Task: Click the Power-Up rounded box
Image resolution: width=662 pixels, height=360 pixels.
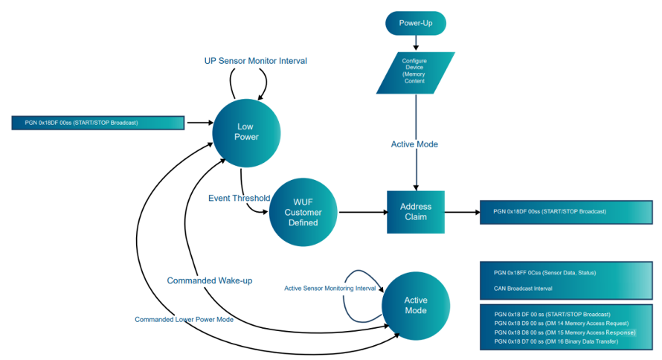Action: point(416,23)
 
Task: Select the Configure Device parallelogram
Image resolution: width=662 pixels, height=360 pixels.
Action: point(416,73)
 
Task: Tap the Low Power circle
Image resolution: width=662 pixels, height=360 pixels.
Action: point(246,133)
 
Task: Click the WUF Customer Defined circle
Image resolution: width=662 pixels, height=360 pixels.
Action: point(303,212)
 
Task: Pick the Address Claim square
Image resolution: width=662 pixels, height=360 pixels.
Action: point(416,212)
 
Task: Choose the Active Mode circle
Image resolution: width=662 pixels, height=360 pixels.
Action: point(416,306)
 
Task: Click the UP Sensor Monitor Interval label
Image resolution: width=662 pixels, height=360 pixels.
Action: point(255,61)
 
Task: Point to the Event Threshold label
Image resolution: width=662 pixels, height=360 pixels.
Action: point(239,198)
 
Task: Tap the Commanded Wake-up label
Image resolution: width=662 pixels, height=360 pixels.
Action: point(210,280)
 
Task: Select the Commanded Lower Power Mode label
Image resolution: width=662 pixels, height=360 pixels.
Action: point(184,320)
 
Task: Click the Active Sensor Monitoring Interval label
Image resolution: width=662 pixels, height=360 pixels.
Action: point(330,289)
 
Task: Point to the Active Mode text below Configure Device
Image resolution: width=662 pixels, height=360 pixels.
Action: point(414,144)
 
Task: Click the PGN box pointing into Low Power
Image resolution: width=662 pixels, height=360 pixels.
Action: point(98,123)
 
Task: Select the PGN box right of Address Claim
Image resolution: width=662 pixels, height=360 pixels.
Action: point(566,212)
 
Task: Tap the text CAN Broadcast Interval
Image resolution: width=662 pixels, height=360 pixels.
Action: point(523,289)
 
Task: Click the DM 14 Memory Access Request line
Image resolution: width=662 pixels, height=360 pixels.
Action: point(561,324)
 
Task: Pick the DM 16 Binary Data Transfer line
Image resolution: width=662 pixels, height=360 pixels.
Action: point(556,341)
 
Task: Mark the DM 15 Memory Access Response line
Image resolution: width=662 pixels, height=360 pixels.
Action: point(565,332)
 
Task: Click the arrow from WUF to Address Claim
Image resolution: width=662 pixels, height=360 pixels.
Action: point(363,212)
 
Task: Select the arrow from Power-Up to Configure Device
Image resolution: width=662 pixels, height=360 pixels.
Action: point(416,43)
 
